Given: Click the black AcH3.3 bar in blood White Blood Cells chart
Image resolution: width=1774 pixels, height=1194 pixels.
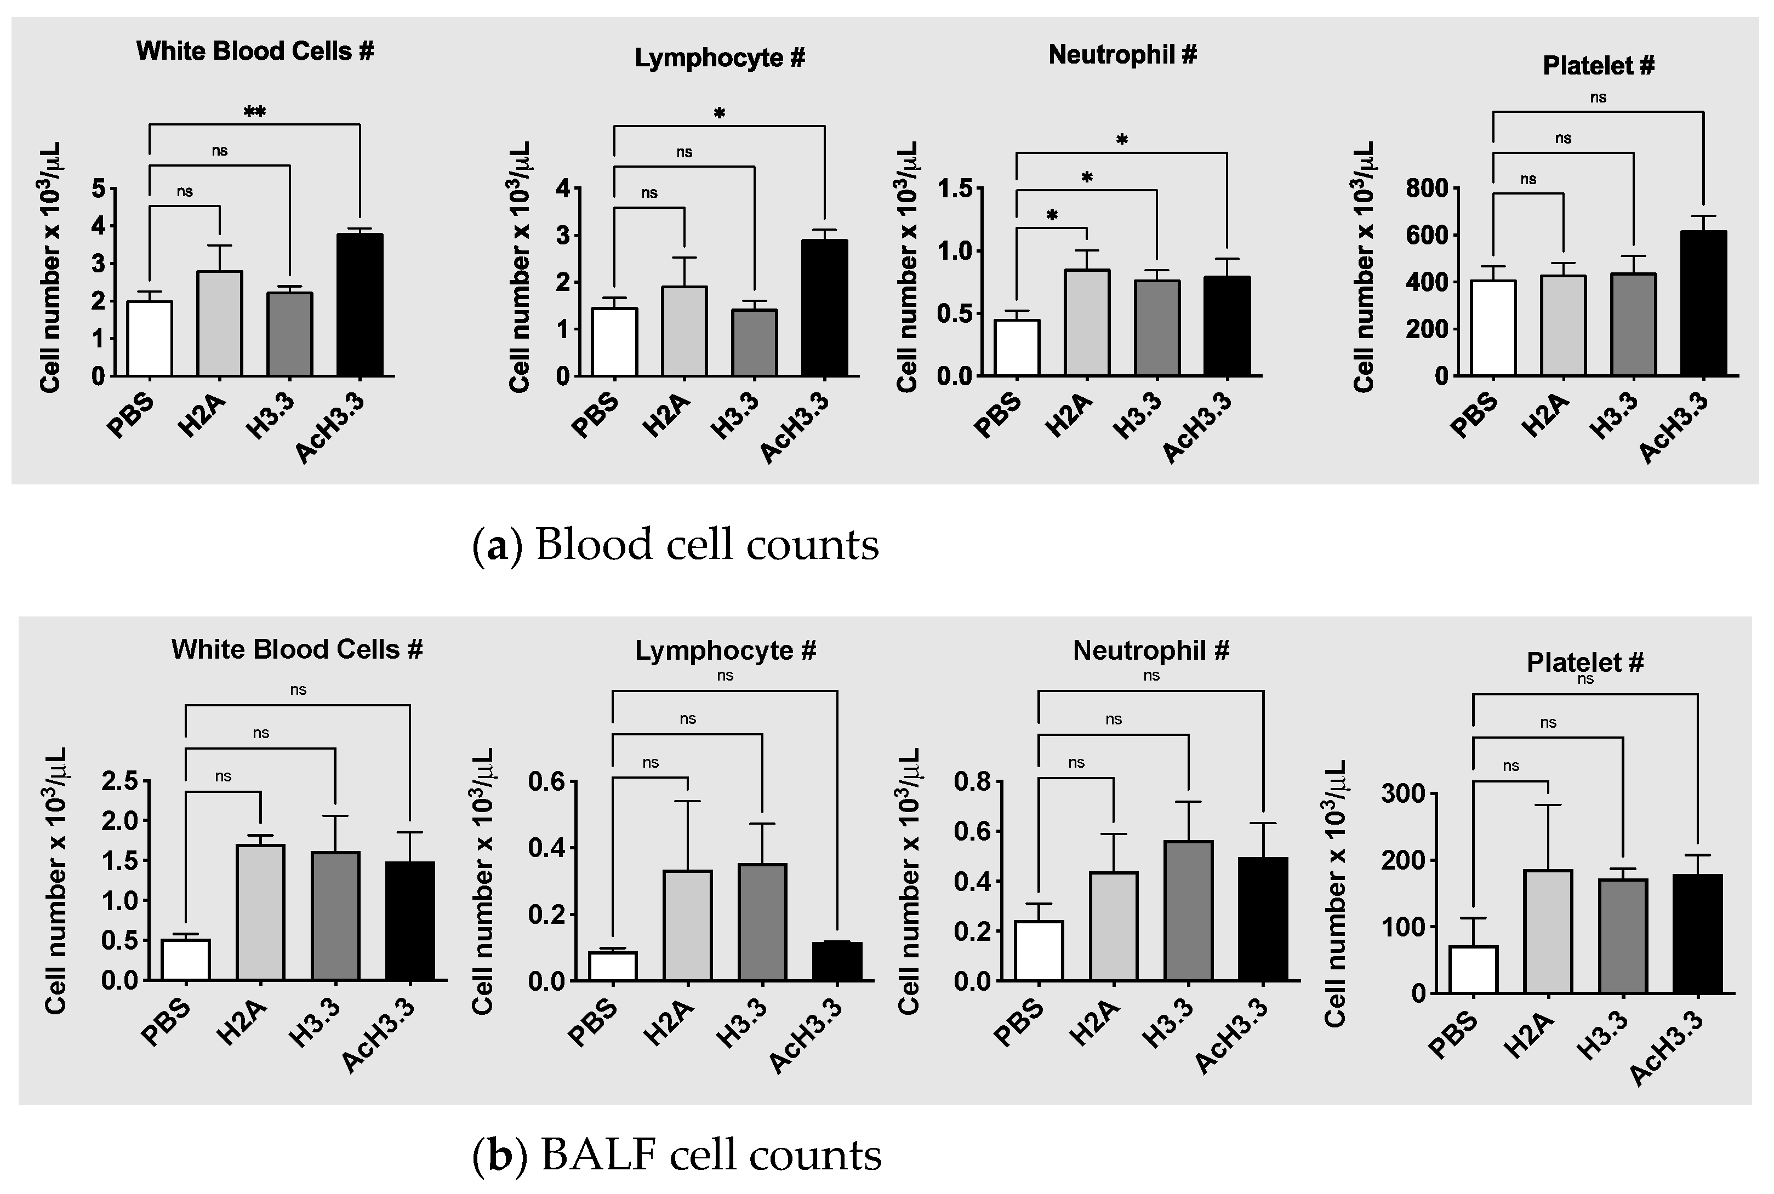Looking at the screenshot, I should point(360,305).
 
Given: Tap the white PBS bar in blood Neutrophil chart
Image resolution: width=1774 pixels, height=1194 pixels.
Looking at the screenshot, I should point(1017,348).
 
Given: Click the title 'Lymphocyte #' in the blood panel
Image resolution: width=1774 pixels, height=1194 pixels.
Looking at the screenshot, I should point(720,59).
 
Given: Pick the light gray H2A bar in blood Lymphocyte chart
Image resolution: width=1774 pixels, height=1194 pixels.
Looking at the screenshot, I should point(684,332).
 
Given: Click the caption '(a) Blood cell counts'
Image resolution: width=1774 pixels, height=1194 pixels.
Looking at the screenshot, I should point(675,545).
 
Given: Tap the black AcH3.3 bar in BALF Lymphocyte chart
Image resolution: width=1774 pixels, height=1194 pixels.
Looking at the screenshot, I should point(837,961).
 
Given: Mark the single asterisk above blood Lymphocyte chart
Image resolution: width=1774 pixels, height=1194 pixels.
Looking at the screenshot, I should point(718,114).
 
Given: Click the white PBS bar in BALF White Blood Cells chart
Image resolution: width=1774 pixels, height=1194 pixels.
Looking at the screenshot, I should point(186,959).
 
